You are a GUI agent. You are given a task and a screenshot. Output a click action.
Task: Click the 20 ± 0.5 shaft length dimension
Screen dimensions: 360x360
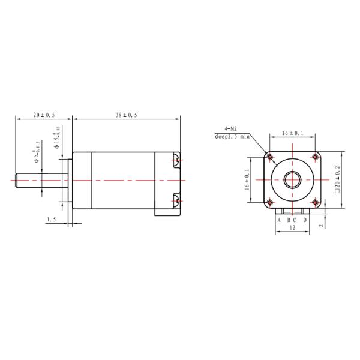click(x=44, y=114)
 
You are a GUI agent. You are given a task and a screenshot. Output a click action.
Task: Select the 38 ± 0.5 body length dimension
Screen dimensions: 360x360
click(x=126, y=114)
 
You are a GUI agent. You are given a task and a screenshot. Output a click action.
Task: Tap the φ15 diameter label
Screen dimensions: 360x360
click(x=58, y=137)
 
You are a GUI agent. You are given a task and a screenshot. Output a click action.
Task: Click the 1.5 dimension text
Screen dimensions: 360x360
click(x=52, y=220)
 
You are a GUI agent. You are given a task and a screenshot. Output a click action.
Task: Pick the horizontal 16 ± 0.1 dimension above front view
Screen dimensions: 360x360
click(x=292, y=133)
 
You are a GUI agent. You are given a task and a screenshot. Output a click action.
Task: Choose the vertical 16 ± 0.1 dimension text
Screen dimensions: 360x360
click(x=247, y=179)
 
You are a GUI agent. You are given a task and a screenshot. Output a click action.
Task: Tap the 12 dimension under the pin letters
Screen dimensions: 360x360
click(x=292, y=228)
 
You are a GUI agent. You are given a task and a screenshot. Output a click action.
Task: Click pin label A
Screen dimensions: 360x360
click(x=279, y=220)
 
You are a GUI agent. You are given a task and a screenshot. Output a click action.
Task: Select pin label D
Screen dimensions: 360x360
click(x=305, y=220)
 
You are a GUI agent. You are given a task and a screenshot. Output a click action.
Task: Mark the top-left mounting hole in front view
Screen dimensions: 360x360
click(x=270, y=157)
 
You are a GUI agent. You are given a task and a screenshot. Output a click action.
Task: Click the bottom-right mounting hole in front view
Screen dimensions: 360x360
click(x=315, y=202)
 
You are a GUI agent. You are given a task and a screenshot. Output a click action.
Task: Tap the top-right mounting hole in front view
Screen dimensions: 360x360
click(x=315, y=157)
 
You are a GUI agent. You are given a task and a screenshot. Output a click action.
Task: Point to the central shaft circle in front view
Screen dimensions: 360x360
click(x=292, y=179)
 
